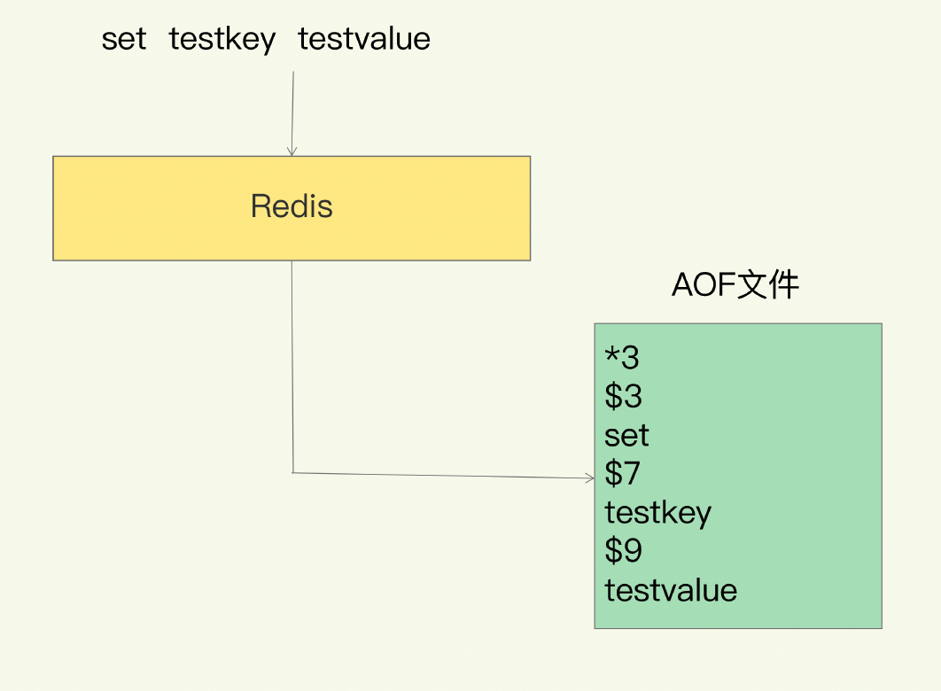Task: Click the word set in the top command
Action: click(124, 39)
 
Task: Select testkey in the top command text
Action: click(222, 39)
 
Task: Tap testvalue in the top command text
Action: click(364, 39)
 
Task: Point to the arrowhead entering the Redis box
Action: click(292, 151)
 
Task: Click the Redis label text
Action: click(292, 206)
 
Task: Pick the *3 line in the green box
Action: click(622, 357)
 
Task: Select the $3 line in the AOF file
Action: click(623, 396)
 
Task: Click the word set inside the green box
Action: click(626, 435)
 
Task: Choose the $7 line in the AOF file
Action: click(623, 474)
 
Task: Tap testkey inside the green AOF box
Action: click(657, 513)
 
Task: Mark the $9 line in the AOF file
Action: click(623, 551)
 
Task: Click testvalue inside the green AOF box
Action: click(671, 590)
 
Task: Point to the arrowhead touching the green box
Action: click(589, 478)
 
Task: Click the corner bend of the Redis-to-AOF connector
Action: click(292, 472)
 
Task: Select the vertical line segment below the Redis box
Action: click(292, 363)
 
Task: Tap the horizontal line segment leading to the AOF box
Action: click(443, 476)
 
